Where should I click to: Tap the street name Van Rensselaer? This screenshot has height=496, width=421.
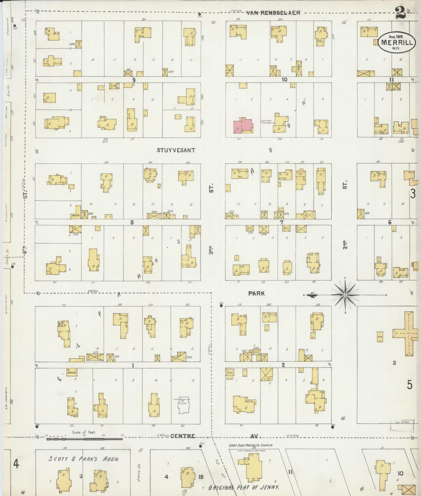273,13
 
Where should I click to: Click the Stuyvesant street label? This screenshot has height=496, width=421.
176,150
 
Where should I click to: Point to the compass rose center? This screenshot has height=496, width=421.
345,295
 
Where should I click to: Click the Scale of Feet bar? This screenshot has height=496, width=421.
84,439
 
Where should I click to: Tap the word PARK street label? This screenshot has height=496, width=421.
256,294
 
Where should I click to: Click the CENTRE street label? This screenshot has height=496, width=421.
183,436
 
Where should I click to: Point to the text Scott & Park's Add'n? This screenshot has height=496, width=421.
84,459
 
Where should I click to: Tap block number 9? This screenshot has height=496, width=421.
134,80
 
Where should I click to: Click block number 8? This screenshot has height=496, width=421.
132,222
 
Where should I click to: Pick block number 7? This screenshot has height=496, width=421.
281,222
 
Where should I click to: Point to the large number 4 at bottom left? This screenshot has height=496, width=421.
16,464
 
